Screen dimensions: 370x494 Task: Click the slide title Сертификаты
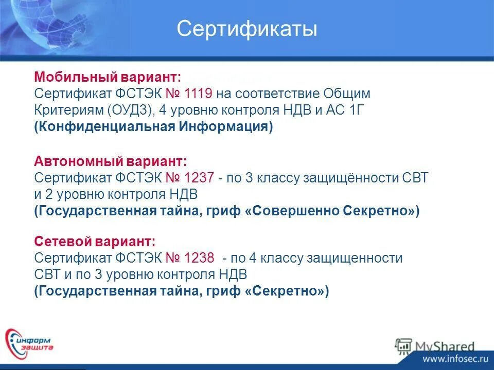click(247, 29)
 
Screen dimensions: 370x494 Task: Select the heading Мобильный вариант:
click(108, 78)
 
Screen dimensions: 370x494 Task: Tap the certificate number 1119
click(198, 94)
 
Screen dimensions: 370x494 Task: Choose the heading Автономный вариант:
click(111, 161)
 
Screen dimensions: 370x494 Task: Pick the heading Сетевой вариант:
click(95, 241)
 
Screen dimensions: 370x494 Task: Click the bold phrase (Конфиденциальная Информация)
click(153, 127)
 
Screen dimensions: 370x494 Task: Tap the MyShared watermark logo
click(435, 345)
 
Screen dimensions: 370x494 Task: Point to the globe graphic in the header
click(36, 26)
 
